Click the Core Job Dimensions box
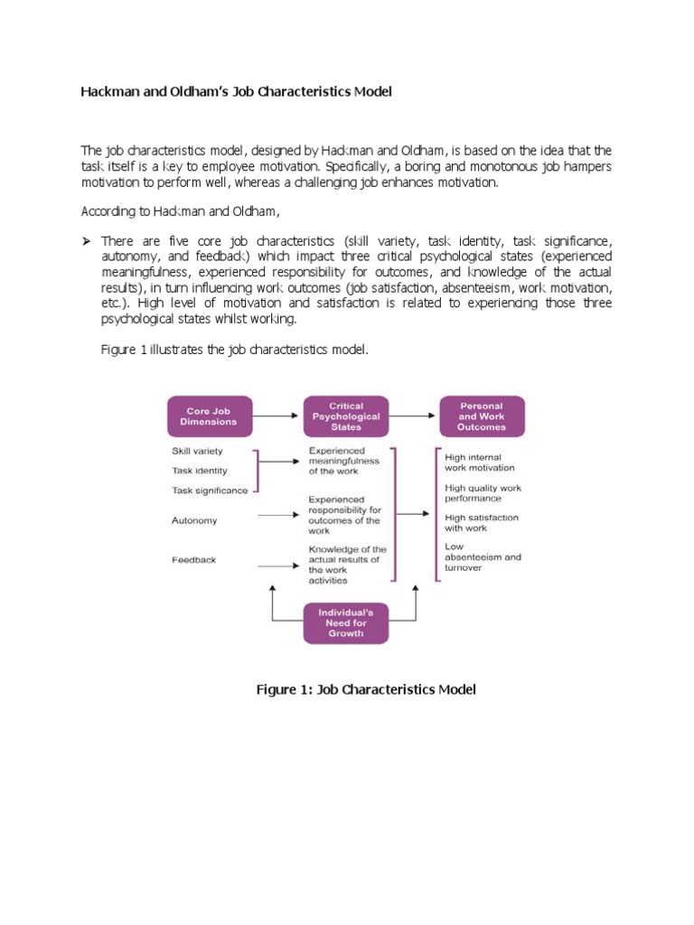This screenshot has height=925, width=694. pyautogui.click(x=209, y=416)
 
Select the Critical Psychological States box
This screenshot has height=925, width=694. pyautogui.click(x=346, y=416)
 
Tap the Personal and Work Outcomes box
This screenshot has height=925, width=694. pyautogui.click(x=481, y=416)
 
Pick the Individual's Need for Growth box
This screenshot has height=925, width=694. pyautogui.click(x=346, y=622)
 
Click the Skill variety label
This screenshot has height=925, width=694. pyautogui.click(x=197, y=451)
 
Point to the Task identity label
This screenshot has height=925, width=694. pyautogui.click(x=200, y=471)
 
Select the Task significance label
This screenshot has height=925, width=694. pyautogui.click(x=210, y=491)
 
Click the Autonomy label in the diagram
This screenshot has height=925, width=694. pyautogui.click(x=194, y=520)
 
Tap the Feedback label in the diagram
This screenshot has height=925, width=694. pyautogui.click(x=194, y=560)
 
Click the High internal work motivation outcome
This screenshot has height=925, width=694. pyautogui.click(x=480, y=462)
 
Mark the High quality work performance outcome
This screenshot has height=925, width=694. pyautogui.click(x=483, y=493)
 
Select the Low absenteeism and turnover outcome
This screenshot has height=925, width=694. pyautogui.click(x=483, y=556)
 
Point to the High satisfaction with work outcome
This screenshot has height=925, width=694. pyautogui.click(x=482, y=522)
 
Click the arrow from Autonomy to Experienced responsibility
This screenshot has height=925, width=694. pyautogui.click(x=278, y=515)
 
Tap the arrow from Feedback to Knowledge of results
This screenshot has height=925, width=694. pyautogui.click(x=278, y=565)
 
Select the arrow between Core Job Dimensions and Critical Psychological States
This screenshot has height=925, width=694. pyautogui.click(x=278, y=416)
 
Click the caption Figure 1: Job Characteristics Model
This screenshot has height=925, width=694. pyautogui.click(x=366, y=690)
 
